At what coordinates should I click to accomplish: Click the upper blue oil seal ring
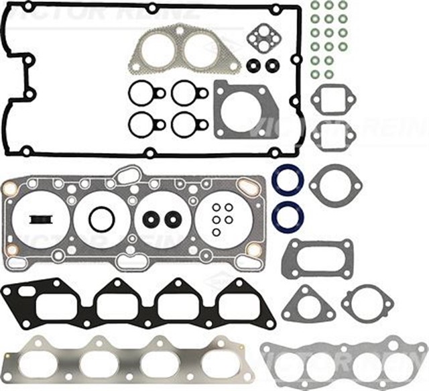(x=288, y=180)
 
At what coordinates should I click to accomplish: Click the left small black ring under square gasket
(x=253, y=66)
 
